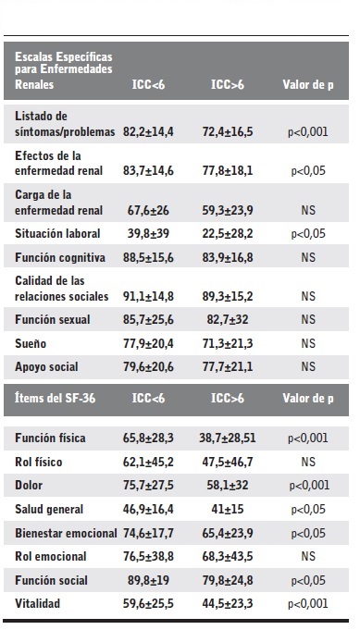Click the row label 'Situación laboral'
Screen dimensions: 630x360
pyautogui.click(x=57, y=234)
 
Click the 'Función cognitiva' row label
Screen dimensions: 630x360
pyautogui.click(x=59, y=257)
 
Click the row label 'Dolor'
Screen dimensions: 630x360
pyautogui.click(x=31, y=486)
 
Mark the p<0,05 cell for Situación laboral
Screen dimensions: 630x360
pyautogui.click(x=308, y=234)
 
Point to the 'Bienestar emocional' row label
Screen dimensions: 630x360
pyautogui.click(x=66, y=534)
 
